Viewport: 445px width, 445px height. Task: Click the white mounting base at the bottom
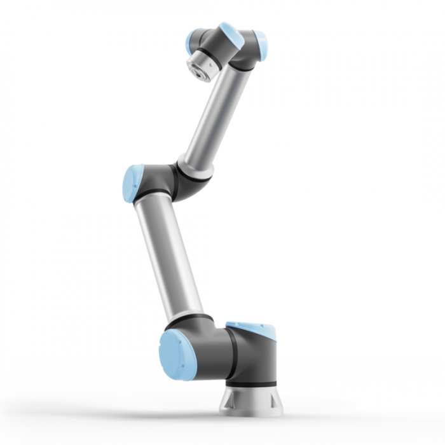coord(250,400)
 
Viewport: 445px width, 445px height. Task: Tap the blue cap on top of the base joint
coord(252,330)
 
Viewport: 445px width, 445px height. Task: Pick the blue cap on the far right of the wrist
coord(261,46)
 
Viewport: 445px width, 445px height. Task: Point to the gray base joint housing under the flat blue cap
coord(254,359)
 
